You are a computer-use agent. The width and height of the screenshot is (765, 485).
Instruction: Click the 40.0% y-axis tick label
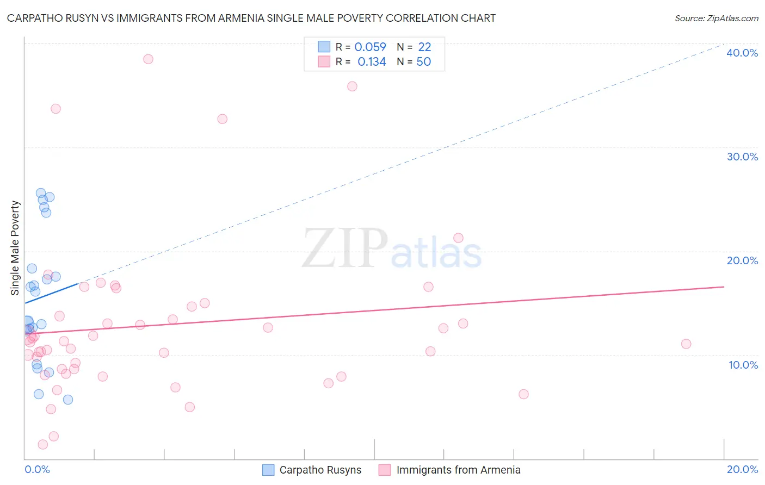coord(742,53)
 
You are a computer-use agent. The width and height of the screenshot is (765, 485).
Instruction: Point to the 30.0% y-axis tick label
coord(742,157)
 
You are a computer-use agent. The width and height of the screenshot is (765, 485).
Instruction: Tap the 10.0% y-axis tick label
coord(743,365)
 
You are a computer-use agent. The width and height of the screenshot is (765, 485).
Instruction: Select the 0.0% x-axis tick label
coord(37,469)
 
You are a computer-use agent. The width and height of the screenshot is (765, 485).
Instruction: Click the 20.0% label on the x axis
coord(742,469)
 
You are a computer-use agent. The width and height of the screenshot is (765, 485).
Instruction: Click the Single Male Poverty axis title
coord(15,248)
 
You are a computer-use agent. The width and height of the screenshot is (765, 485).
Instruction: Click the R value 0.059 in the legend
coord(370,47)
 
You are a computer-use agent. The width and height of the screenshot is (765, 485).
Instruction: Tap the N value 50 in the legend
coord(423,62)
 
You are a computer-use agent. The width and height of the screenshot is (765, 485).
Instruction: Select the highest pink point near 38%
coord(148,59)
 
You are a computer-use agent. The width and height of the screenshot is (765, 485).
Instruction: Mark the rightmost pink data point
coord(686,344)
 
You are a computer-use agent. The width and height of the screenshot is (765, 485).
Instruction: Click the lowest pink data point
coord(43,444)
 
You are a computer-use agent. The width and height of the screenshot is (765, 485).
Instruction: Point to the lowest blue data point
coord(68,400)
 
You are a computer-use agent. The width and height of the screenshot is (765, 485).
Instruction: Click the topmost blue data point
coord(41,193)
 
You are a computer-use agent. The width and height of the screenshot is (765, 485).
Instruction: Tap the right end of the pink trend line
coord(724,287)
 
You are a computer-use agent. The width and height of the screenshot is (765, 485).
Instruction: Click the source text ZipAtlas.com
coord(716,18)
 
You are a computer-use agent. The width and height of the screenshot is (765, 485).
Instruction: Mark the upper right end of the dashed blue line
coord(723,43)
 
